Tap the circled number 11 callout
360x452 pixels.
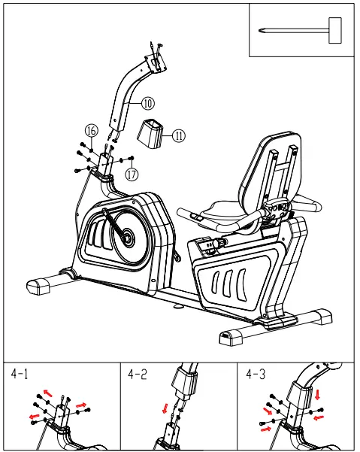pyautogui.click(x=178, y=136)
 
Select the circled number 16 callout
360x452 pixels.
pyautogui.click(x=90, y=130)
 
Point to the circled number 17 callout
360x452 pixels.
pyautogui.click(x=132, y=174)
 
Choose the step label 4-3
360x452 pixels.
pyautogui.click(x=257, y=374)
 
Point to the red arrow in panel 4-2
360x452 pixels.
pyautogui.click(x=165, y=409)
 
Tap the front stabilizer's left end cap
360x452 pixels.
pyautogui.click(x=39, y=284)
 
